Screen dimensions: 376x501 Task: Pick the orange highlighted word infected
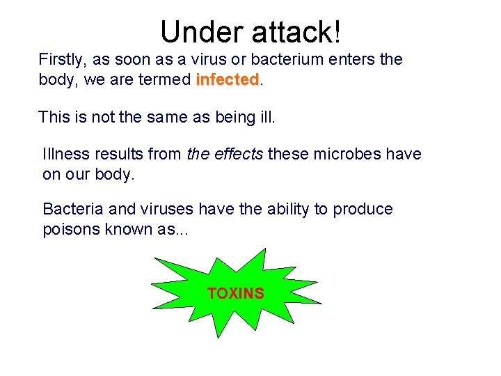point(228,79)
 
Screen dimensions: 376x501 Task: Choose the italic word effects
point(237,154)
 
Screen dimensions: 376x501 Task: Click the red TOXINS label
point(236,294)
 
